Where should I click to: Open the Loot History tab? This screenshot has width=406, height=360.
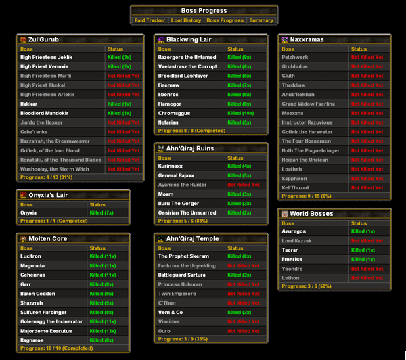185,20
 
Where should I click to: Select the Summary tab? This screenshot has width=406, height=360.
261,20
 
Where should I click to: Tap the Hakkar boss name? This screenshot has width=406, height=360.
30,104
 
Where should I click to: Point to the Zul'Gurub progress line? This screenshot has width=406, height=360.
46,177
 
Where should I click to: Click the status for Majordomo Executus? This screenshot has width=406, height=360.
106,331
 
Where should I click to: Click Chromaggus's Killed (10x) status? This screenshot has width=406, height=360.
241,114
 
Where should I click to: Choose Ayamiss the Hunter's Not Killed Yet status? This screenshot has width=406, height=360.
244,185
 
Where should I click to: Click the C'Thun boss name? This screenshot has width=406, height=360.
168,303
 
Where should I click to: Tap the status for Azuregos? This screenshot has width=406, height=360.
364,231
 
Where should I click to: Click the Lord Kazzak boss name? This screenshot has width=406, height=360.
297,241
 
